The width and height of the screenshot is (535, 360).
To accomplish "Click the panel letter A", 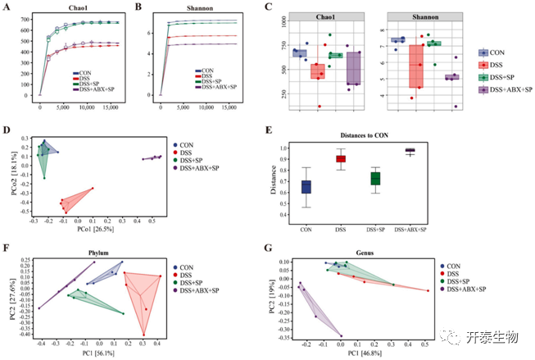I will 8,7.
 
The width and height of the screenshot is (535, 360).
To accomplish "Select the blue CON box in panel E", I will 306,187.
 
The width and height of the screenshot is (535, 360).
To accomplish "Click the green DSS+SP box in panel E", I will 375,178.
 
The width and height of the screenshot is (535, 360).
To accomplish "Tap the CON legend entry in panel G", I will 456,266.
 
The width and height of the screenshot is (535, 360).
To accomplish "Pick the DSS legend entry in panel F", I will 194,275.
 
